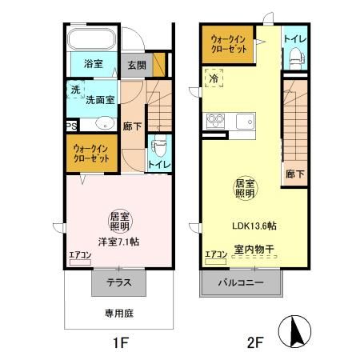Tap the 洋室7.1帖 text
[118, 241]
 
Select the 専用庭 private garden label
[118, 314]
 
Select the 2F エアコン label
[215, 254]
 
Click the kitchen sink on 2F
[243, 121]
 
